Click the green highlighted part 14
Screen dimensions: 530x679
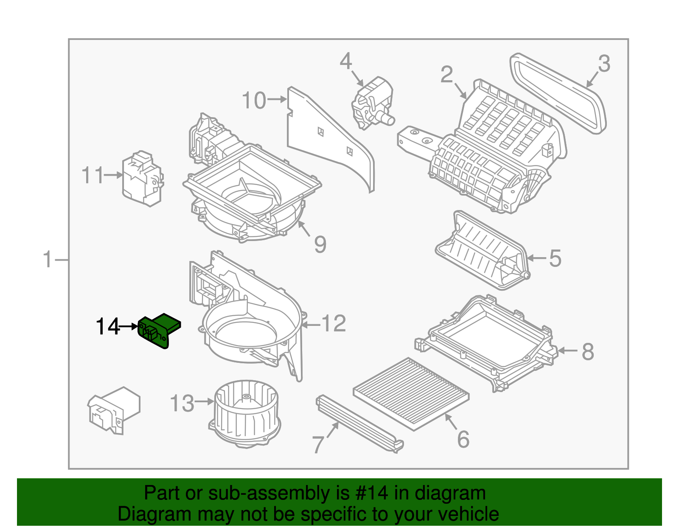[159, 331]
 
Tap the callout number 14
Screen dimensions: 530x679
[107, 327]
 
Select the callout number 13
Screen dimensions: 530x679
[182, 404]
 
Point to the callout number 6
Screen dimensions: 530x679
[463, 439]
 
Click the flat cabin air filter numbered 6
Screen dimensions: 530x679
[411, 394]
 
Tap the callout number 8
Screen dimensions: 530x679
[588, 351]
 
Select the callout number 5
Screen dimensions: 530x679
[555, 258]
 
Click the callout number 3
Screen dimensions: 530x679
[604, 64]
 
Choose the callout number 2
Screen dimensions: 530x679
[446, 75]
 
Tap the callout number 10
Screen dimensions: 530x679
[254, 101]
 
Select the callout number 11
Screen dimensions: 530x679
[93, 175]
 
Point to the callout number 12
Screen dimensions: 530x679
[334, 324]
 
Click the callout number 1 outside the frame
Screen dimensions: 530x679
[48, 259]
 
